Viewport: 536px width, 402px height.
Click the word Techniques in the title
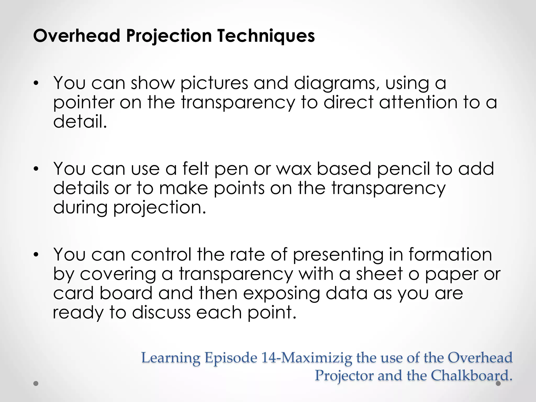pyautogui.click(x=266, y=36)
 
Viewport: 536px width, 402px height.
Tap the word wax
pyautogui.click(x=294, y=169)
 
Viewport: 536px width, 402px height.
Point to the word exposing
pyautogui.click(x=281, y=294)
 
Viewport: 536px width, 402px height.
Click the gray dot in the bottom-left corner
pyautogui.click(x=36, y=383)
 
